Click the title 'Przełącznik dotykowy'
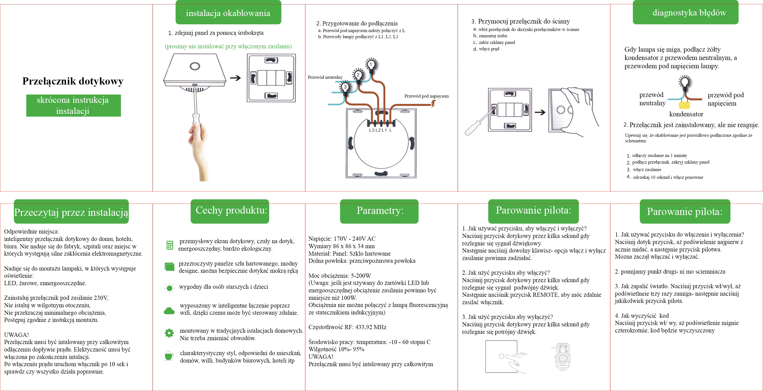[x=73, y=81]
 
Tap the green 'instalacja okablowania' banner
[x=228, y=13]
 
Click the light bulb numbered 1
[x=371, y=64]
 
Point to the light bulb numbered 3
[x=345, y=87]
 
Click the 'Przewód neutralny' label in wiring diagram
[x=325, y=77]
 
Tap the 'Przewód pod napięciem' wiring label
[x=426, y=96]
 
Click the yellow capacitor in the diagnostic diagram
[x=684, y=105]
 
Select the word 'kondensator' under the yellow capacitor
[x=686, y=114]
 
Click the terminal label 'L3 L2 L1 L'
[x=380, y=130]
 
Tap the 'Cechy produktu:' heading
[x=231, y=210]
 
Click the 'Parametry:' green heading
[x=380, y=211]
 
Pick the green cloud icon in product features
[x=169, y=311]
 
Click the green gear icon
[x=169, y=333]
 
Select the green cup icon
[x=169, y=356]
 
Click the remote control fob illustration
[x=562, y=357]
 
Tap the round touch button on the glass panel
[x=195, y=66]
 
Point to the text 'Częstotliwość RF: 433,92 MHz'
[x=347, y=327]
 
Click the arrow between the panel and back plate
[x=236, y=78]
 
